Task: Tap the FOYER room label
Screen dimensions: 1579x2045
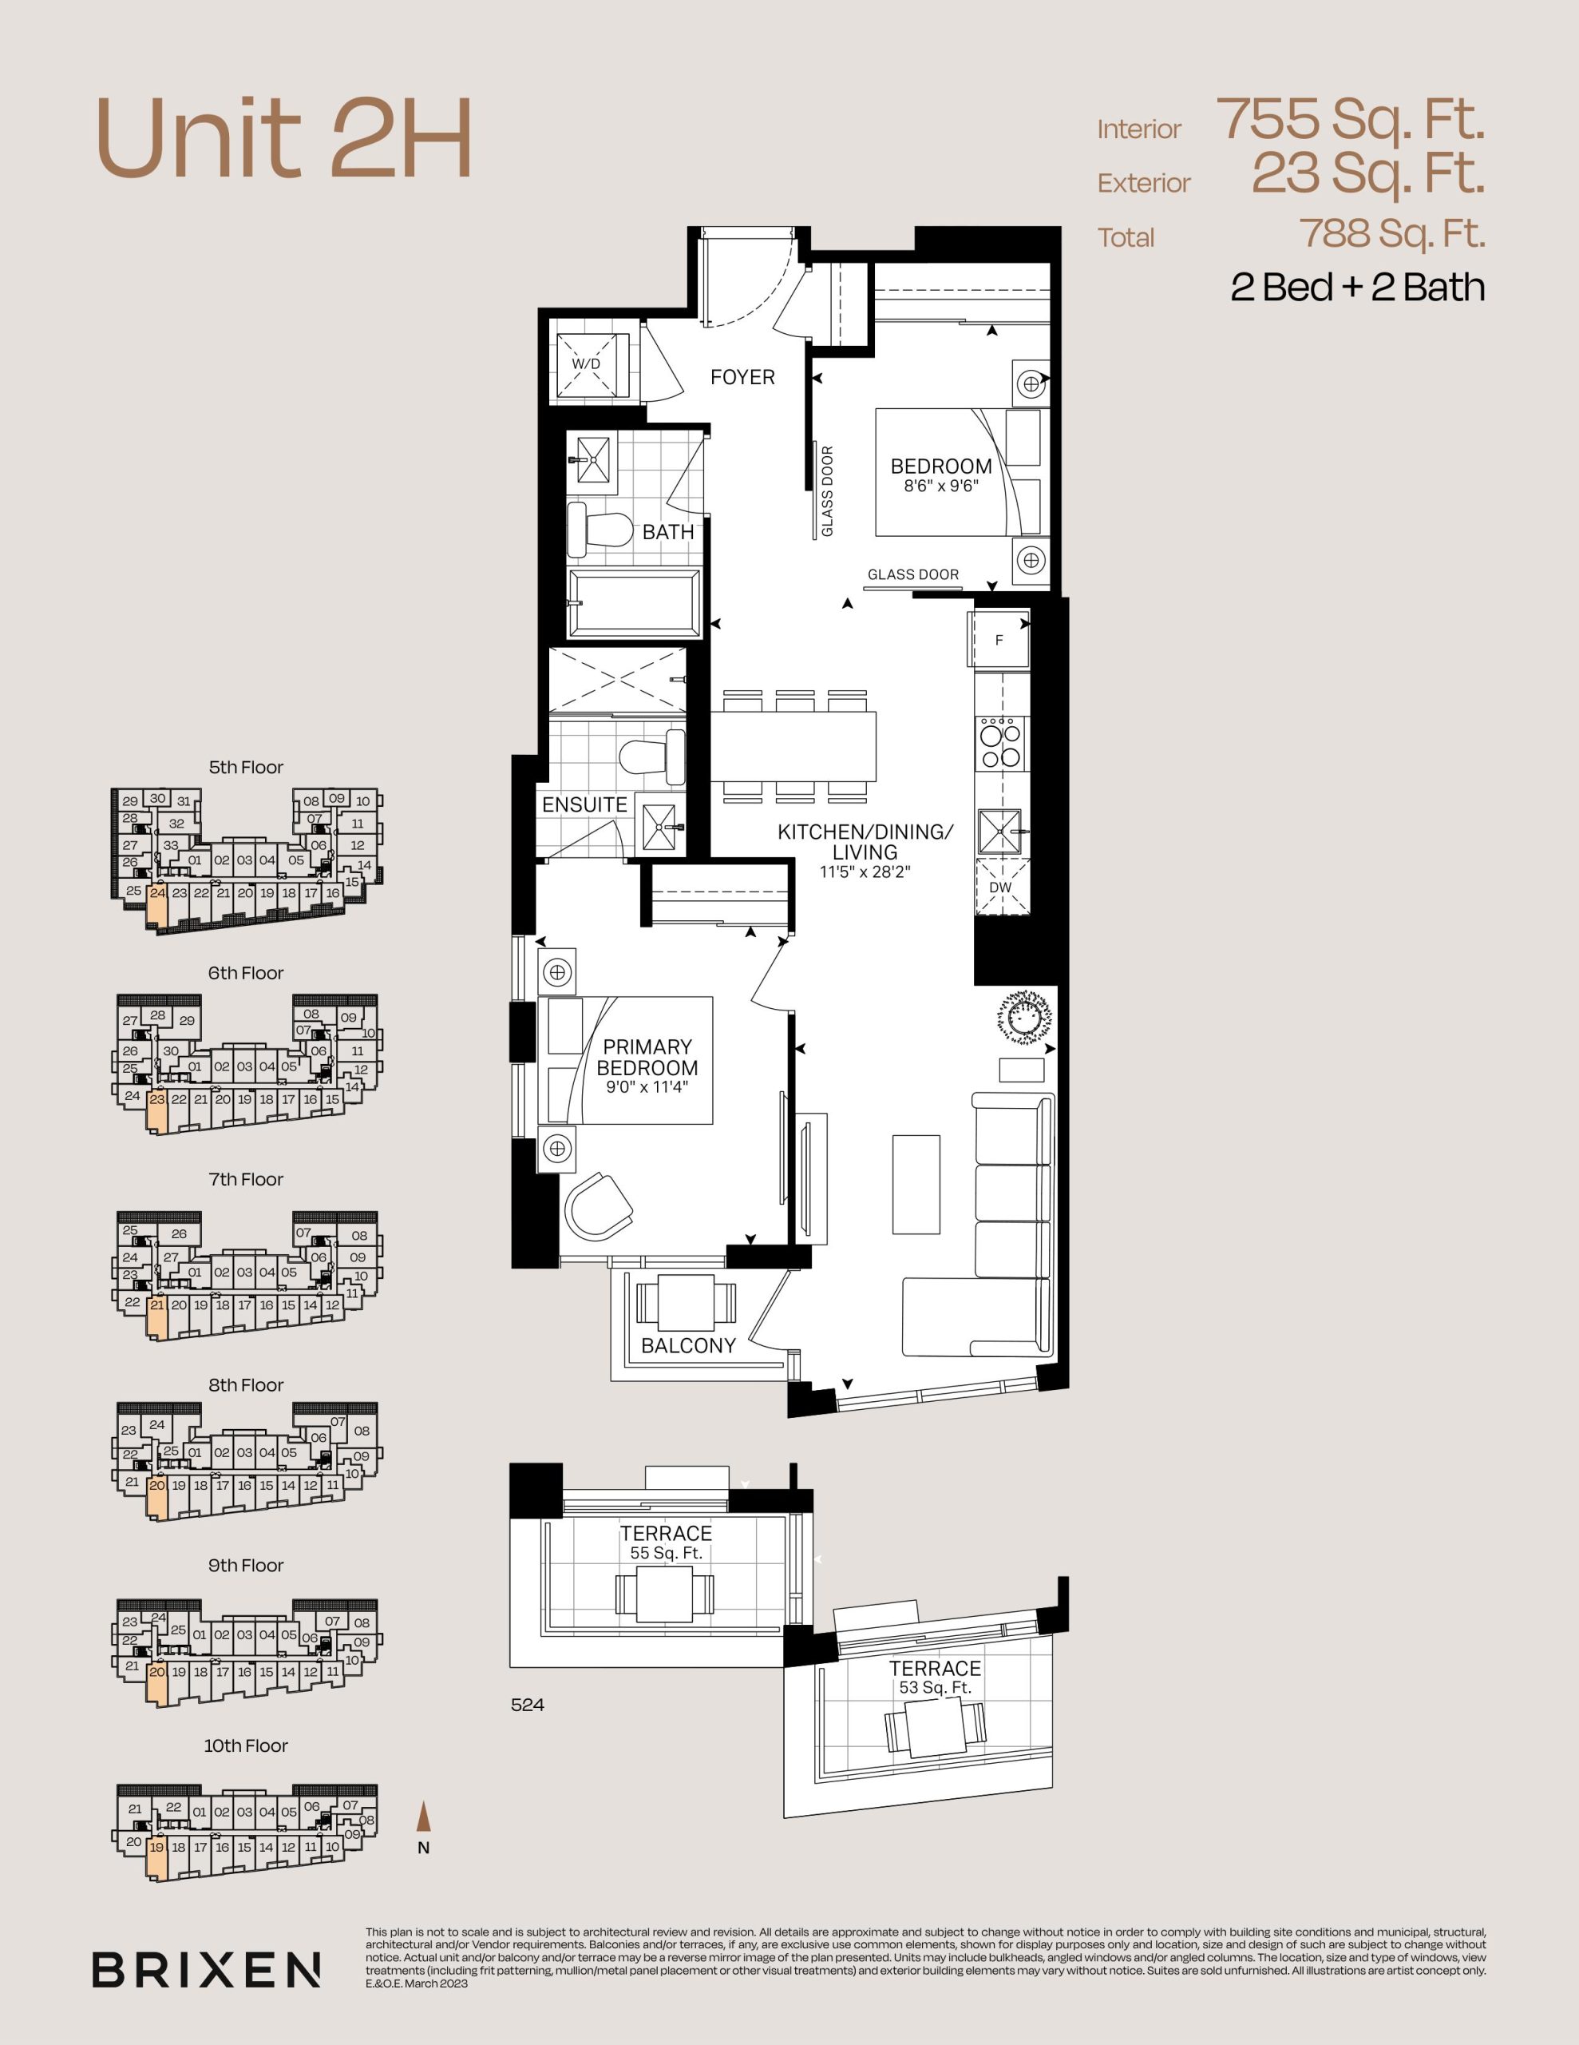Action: [x=742, y=377]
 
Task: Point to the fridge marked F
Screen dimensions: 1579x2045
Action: [x=999, y=640]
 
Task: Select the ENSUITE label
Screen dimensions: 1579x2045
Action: [x=584, y=804]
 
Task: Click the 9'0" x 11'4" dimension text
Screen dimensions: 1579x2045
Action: [x=647, y=1088]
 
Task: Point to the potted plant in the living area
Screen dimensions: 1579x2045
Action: [x=1024, y=1015]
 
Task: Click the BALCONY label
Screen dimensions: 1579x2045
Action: [x=688, y=1345]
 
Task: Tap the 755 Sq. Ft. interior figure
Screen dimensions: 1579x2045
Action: [x=1351, y=119]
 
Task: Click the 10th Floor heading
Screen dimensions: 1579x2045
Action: [x=245, y=1745]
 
